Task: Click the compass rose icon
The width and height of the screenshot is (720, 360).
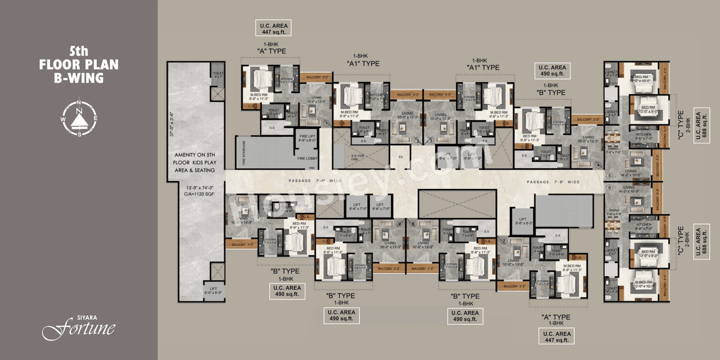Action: tap(79, 118)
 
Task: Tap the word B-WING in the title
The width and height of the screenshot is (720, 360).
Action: tap(79, 78)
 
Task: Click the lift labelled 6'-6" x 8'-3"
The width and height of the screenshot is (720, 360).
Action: tap(523, 222)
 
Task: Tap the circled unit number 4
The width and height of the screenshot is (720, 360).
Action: tap(598, 165)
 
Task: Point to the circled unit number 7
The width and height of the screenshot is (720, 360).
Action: tap(505, 241)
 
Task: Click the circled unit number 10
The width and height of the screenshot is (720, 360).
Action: tap(232, 199)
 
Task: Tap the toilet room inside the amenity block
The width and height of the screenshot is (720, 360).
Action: tap(217, 73)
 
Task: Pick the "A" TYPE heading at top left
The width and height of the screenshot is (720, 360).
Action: tap(271, 51)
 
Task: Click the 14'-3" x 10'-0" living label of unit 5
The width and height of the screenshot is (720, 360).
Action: tap(631, 174)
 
